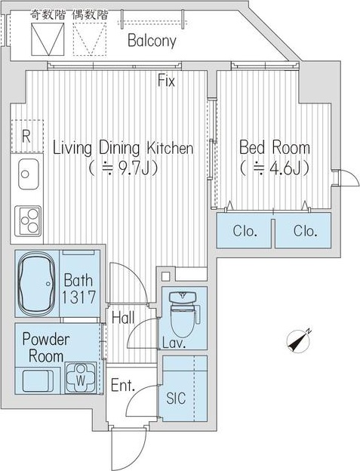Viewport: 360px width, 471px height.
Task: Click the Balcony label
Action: tap(152, 41)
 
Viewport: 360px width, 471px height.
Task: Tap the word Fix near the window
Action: tap(166, 81)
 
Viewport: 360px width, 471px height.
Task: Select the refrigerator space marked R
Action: tap(27, 137)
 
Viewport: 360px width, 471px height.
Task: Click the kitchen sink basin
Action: tap(29, 174)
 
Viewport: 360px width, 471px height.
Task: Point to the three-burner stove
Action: tap(28, 221)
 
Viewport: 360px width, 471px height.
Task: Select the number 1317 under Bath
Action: tap(78, 297)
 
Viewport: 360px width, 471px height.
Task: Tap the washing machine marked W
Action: tap(81, 378)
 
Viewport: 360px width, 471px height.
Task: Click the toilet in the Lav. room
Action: tap(183, 312)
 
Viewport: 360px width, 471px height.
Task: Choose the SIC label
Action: tap(176, 398)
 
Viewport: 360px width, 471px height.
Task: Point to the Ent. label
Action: tap(122, 385)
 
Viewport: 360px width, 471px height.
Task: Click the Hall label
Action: tap(123, 318)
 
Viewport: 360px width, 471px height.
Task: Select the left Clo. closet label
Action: tap(245, 231)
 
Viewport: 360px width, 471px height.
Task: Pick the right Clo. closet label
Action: tap(306, 231)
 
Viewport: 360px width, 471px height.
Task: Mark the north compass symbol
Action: tap(298, 340)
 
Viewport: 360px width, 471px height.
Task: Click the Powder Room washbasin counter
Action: tap(38, 380)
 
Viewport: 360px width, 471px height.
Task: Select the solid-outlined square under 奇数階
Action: tap(48, 39)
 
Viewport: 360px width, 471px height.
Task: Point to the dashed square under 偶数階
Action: tap(90, 39)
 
